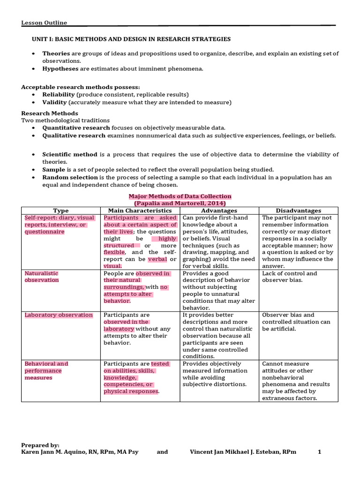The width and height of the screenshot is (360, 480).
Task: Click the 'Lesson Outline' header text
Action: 44,22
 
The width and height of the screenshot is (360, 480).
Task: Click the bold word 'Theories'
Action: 57,53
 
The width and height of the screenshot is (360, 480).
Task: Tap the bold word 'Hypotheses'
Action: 60,68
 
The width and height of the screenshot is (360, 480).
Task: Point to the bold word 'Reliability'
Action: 59,94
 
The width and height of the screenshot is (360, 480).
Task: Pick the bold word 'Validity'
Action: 55,102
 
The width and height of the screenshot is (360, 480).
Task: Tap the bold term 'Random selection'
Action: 70,177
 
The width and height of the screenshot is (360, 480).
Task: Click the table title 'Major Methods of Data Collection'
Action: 180,196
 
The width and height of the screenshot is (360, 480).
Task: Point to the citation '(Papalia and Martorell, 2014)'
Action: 180,203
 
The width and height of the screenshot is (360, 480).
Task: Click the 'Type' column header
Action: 61,210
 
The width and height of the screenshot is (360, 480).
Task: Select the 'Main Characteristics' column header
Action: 140,210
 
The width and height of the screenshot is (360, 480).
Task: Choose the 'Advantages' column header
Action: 219,210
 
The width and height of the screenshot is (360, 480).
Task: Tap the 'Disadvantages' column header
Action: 298,210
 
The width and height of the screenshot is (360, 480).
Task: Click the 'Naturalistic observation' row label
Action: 42,277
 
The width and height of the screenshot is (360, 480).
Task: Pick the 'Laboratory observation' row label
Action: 59,315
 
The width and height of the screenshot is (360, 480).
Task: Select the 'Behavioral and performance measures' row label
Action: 46,370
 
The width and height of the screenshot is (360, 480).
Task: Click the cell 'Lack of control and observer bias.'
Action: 289,277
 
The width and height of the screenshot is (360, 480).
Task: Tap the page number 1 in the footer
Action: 319,452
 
